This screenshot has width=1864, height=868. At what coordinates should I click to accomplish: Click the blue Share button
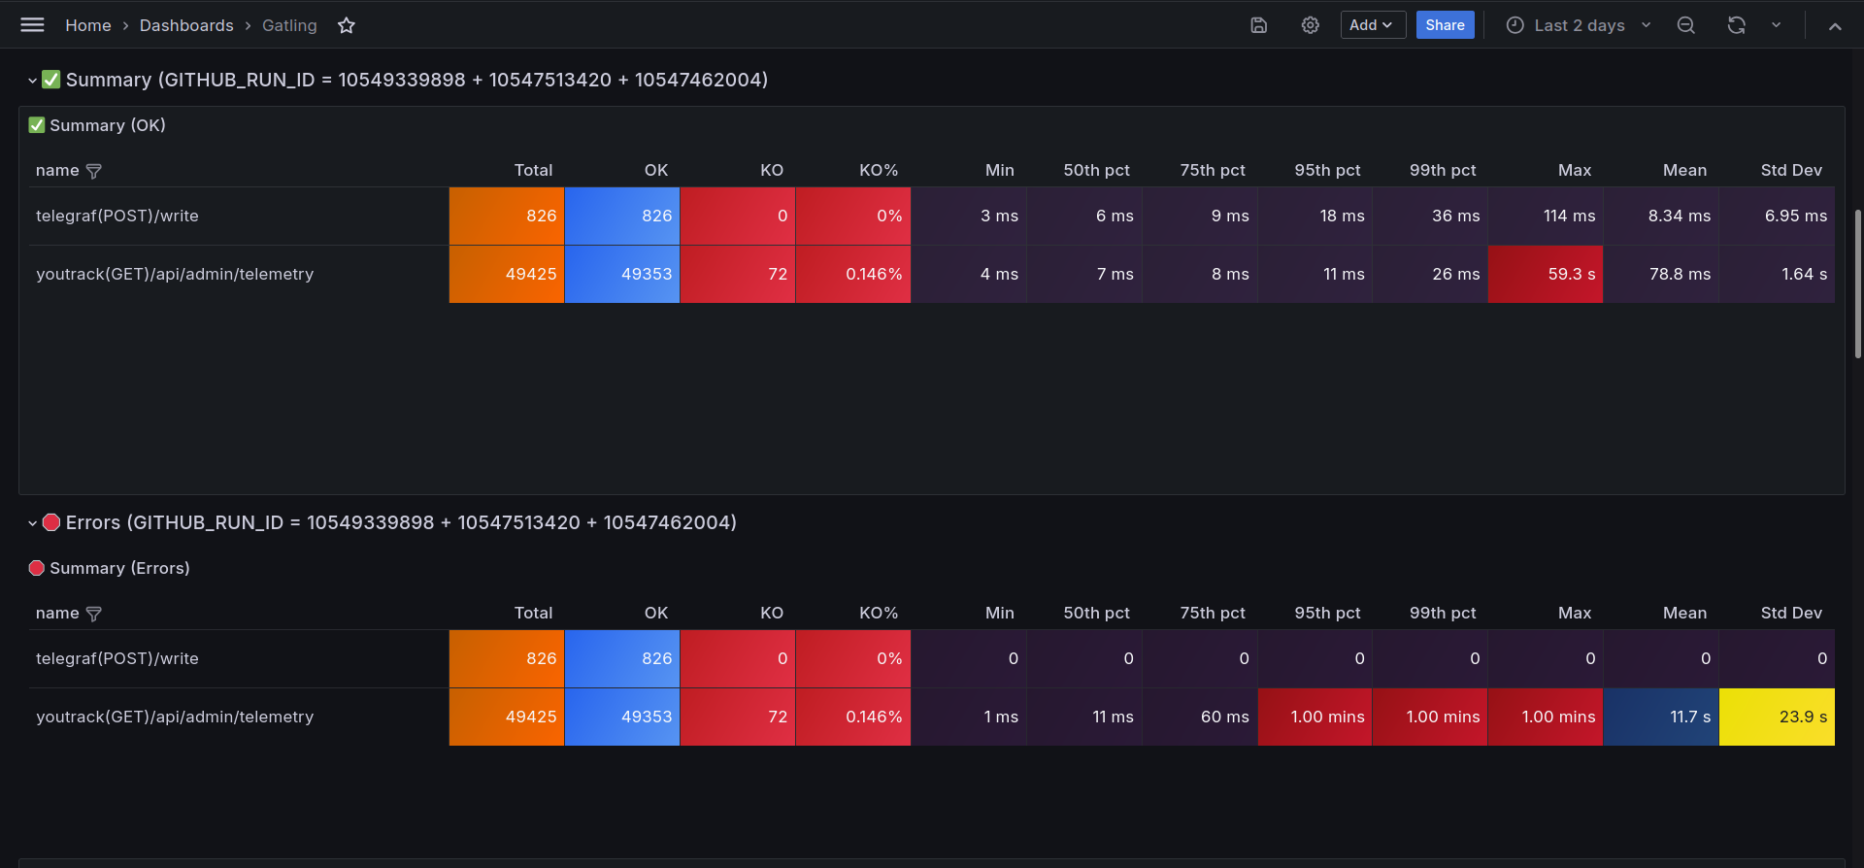coord(1445,25)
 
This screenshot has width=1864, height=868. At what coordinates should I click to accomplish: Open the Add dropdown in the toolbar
coord(1373,25)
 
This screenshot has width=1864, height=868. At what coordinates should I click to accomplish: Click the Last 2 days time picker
coord(1579,25)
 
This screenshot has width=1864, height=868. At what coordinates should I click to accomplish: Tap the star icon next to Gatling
coord(347,25)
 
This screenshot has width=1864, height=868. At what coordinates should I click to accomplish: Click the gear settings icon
coord(1311,25)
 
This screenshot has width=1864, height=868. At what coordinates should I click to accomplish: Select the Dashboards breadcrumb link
coord(186,25)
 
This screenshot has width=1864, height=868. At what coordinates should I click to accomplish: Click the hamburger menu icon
coord(32,25)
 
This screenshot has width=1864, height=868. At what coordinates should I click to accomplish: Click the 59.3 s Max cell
coord(1546,274)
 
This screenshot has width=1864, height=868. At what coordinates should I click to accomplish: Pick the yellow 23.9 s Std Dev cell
coord(1777,717)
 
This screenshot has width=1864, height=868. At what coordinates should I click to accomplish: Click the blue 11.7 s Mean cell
coord(1661,717)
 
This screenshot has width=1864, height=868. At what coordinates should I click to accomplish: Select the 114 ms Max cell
coord(1546,216)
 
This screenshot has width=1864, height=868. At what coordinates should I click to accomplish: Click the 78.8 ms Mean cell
coord(1661,274)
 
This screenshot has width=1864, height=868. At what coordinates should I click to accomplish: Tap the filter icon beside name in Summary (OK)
coord(94,171)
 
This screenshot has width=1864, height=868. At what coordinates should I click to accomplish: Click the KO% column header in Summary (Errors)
coord(879,613)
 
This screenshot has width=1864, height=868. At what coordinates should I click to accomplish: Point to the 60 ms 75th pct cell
coord(1200,717)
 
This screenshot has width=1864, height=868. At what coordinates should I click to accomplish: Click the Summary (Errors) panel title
coord(119,568)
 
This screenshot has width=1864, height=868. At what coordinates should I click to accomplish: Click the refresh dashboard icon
coord(1737,25)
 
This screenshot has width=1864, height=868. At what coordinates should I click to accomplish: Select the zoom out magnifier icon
coord(1686,25)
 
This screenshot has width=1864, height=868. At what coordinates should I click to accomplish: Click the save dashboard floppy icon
coord(1259,25)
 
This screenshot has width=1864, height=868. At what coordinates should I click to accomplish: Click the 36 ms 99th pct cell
coord(1430,216)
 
